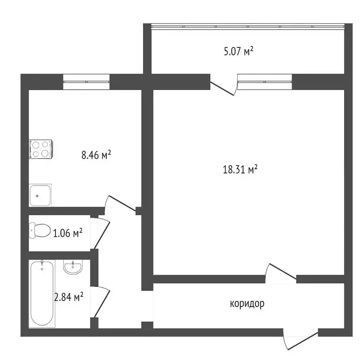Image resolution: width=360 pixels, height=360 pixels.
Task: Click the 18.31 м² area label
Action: pyautogui.click(x=240, y=170)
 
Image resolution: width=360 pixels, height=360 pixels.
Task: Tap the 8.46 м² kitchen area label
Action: pyautogui.click(x=96, y=155)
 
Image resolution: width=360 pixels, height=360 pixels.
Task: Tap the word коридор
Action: pyautogui.click(x=247, y=304)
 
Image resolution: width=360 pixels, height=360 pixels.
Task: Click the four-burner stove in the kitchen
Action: pyautogui.click(x=41, y=149)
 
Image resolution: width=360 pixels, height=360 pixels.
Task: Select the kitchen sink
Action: pyautogui.click(x=40, y=195)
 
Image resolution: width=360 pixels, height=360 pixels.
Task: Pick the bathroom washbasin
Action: pyautogui.click(x=73, y=268)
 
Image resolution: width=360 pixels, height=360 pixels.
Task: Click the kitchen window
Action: pyautogui.click(x=86, y=82)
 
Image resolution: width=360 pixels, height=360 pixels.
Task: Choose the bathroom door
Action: pyautogui.click(x=101, y=302)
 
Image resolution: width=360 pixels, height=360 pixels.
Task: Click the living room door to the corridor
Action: pyautogui.click(x=281, y=272)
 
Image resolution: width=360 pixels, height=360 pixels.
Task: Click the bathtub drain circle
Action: pyautogui.click(x=42, y=269)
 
